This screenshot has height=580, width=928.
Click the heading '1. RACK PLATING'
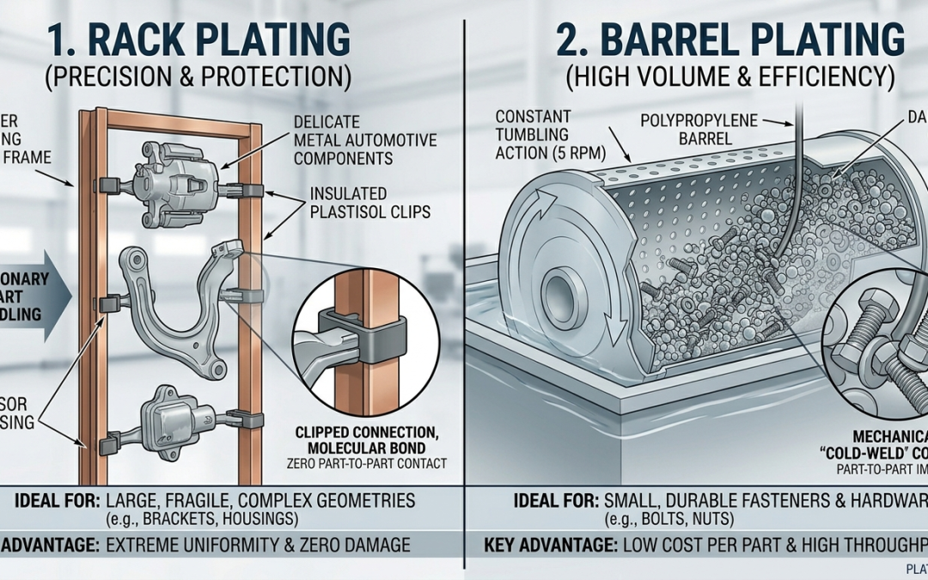pyautogui.click(x=197, y=40)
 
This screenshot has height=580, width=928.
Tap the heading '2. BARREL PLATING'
pyautogui.click(x=730, y=40)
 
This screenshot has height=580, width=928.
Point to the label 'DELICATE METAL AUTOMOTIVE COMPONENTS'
pyautogui.click(x=364, y=141)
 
